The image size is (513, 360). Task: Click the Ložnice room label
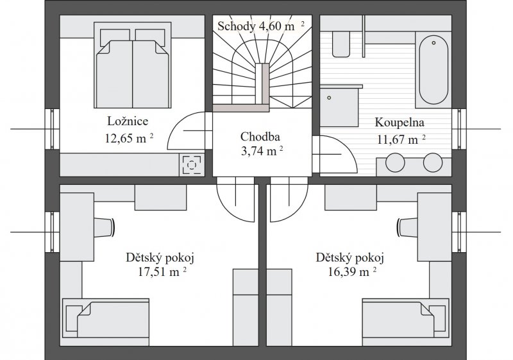128,121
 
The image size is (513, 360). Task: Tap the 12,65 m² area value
130,138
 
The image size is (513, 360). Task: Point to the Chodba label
260,137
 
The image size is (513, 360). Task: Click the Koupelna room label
399,123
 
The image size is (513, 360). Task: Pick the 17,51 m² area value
162,271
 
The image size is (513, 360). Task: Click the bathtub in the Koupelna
433,70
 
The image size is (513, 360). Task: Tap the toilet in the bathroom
341,44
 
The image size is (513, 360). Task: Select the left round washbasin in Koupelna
395,162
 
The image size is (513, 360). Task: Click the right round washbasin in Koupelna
433,162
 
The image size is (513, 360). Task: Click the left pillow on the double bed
115,35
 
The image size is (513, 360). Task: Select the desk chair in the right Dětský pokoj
407,226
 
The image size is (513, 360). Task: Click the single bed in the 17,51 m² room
106,318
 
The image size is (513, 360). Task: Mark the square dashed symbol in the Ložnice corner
192,164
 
